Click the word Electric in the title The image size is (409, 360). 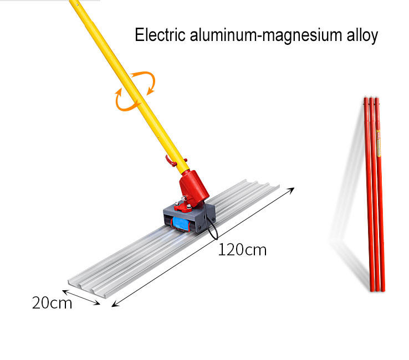[159, 35]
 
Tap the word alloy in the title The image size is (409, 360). [361, 35]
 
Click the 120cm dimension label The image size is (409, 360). [242, 250]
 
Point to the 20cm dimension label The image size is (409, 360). [52, 303]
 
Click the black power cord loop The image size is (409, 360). [211, 224]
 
